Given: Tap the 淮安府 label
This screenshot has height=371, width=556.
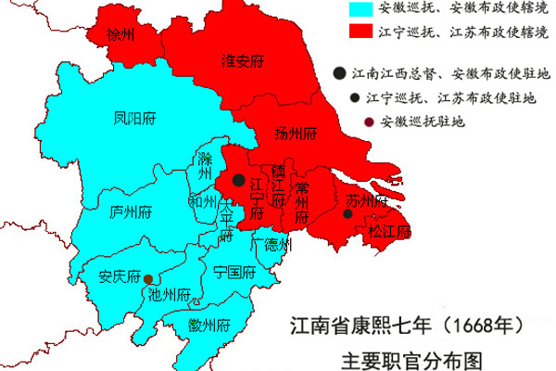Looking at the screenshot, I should [x=243, y=62].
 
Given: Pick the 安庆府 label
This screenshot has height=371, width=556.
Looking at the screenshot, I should [x=119, y=276].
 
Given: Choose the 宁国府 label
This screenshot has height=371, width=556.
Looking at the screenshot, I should [x=234, y=273].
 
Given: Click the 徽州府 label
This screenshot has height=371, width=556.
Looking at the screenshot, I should [x=207, y=325].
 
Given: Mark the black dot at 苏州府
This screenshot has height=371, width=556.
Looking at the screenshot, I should [x=347, y=214].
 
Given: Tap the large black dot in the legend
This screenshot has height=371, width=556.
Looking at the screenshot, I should [x=339, y=72].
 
